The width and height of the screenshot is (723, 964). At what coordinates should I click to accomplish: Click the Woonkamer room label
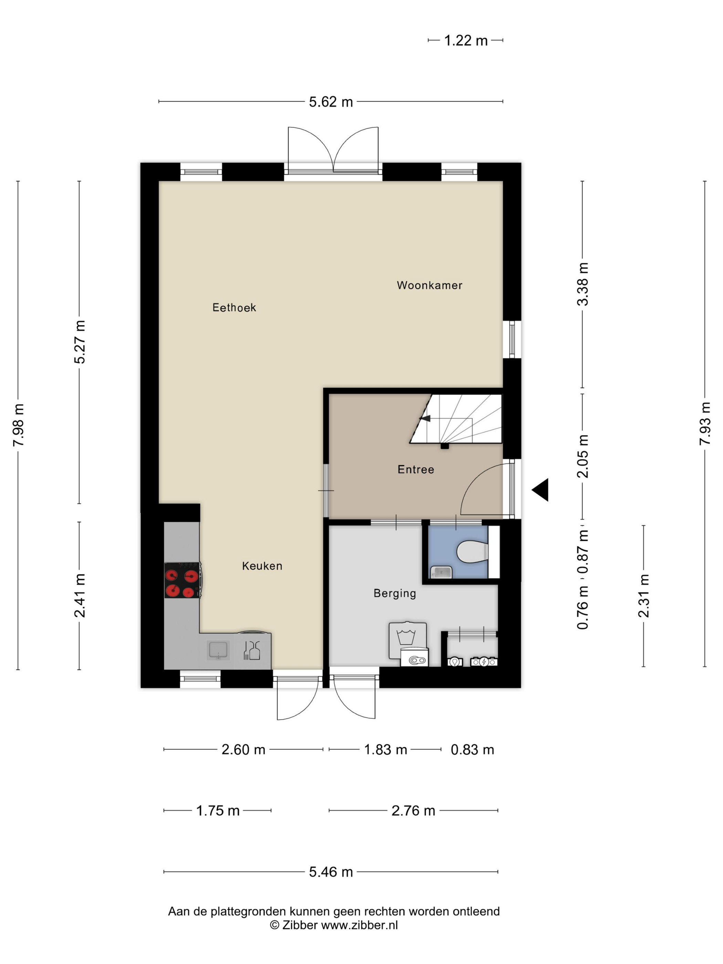(x=429, y=285)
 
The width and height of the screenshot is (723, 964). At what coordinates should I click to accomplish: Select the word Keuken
(x=262, y=566)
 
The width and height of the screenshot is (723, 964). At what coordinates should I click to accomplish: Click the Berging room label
(x=395, y=593)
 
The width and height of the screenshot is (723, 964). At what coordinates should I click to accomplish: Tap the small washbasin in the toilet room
(x=441, y=572)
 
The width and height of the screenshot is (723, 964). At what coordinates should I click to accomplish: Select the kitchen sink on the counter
(x=218, y=650)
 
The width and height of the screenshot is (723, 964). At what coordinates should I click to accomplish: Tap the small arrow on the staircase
(x=425, y=418)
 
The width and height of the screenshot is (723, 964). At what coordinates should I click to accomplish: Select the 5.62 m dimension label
(x=331, y=102)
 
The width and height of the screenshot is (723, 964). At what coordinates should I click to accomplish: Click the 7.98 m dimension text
(x=19, y=425)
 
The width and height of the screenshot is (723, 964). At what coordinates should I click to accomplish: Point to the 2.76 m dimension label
(x=413, y=810)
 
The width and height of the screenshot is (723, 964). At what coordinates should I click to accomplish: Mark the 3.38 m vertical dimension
(x=583, y=284)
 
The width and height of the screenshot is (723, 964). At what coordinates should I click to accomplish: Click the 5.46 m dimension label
(x=331, y=872)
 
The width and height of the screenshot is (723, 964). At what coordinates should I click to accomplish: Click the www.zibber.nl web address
(x=359, y=925)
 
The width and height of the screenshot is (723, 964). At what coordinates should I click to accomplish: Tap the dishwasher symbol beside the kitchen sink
(x=252, y=650)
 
